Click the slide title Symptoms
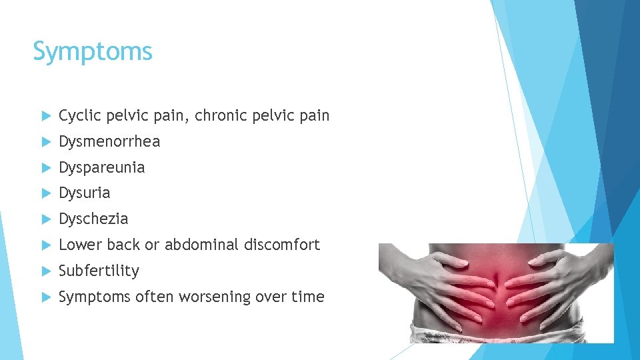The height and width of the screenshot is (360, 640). tap(93, 51)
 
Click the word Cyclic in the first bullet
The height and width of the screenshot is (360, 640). tap(79, 116)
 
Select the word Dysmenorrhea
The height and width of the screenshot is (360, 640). tap(109, 142)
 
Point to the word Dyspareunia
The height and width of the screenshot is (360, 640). tap(101, 168)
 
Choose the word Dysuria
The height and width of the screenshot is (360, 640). tap(84, 193)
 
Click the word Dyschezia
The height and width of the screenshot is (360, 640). tap(93, 219)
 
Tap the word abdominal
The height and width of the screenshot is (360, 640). tap(201, 245)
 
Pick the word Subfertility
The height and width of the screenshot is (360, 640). tap(99, 271)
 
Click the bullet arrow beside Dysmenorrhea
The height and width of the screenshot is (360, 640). tap(45, 142)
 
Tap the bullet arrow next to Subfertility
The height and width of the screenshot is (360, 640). tap(45, 271)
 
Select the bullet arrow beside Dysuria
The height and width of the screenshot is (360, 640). tap(45, 193)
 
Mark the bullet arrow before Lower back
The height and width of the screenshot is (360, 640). tap(45, 245)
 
